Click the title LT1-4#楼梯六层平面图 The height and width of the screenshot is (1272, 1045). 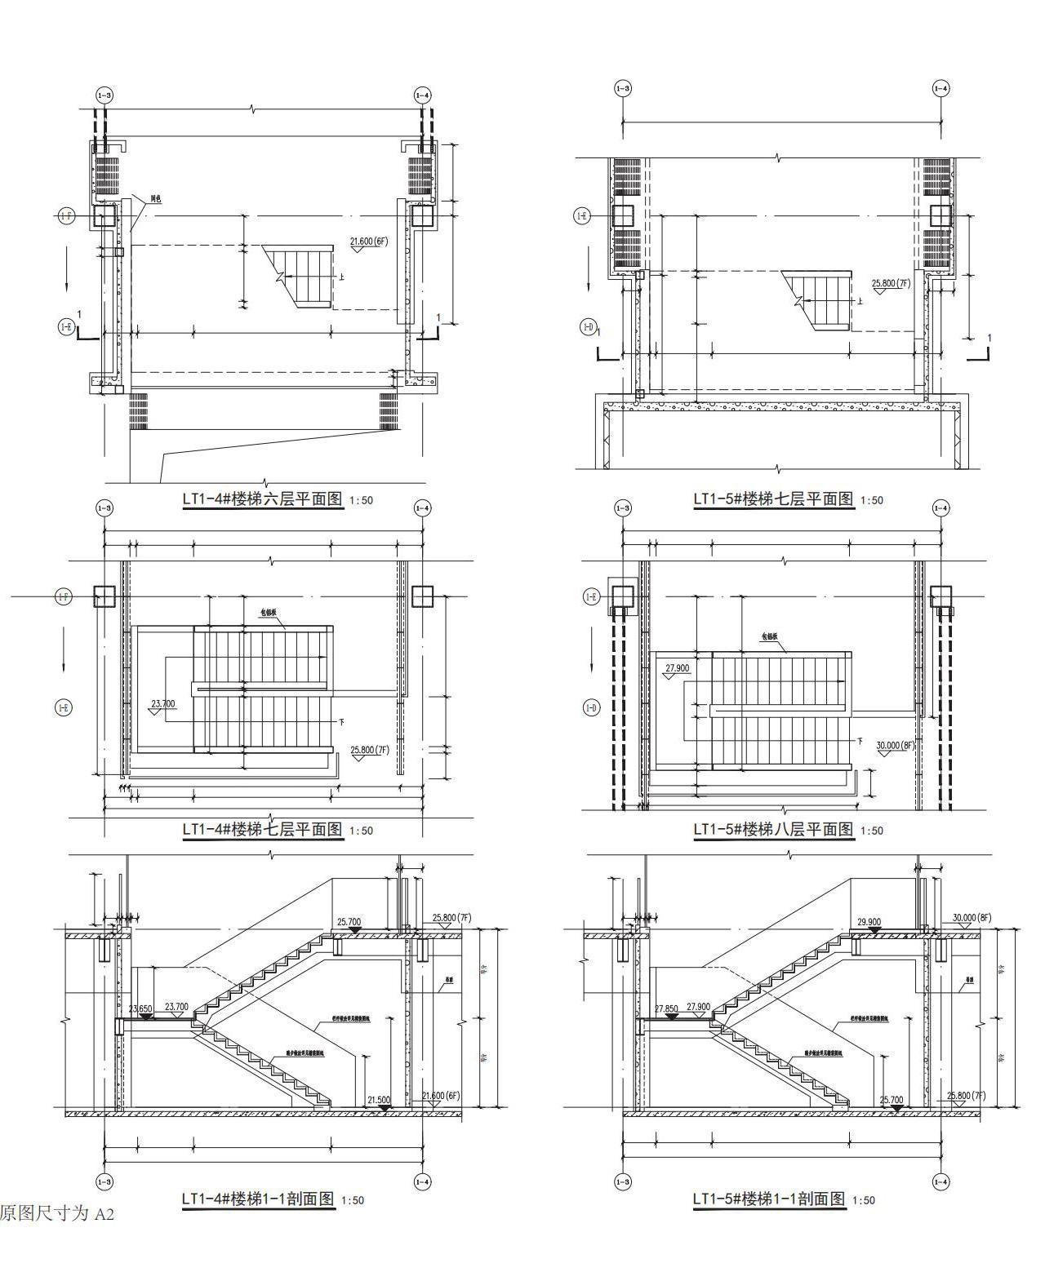point(262,499)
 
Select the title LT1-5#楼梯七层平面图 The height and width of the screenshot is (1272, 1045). point(773,499)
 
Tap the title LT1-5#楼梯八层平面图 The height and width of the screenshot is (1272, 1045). point(773,829)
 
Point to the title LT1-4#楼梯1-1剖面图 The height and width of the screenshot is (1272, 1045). point(258,1199)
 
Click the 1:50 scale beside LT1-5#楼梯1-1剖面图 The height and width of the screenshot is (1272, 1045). point(863,1200)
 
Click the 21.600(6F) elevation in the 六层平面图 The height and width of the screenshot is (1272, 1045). point(368,241)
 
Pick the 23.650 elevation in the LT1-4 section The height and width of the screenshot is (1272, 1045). point(140,1008)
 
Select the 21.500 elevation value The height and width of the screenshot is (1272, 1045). point(379,1100)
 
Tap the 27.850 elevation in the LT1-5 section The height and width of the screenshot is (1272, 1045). point(666,1008)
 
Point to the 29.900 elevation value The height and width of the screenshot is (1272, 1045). point(869,922)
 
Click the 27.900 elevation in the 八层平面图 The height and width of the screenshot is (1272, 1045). point(677,668)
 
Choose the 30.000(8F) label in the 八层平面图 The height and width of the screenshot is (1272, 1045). point(895,745)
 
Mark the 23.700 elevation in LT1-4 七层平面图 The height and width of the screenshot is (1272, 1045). point(163,703)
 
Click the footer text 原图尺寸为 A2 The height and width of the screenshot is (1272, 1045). point(57,1213)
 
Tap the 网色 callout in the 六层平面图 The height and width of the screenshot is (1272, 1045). point(155,199)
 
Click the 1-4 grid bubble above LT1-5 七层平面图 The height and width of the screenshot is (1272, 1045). point(940,88)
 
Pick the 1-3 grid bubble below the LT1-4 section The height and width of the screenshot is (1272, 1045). point(104,1181)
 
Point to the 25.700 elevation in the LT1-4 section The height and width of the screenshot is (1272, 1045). point(349,922)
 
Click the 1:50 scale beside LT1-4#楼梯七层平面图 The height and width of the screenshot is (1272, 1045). point(361,831)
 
